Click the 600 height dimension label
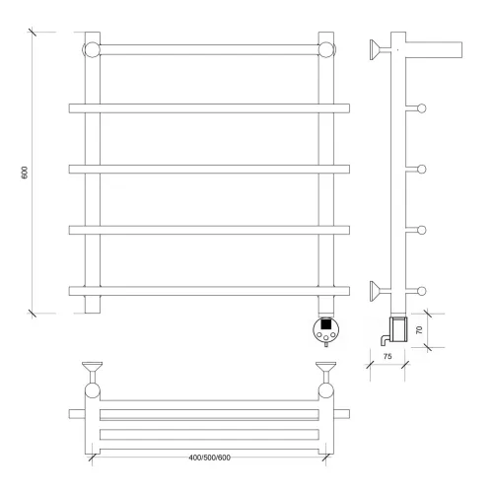click(x=25, y=173)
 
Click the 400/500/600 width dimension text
click(x=209, y=458)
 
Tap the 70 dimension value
click(x=419, y=330)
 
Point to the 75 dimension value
click(x=387, y=356)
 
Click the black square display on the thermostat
click(x=325, y=324)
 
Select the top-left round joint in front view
click(x=92, y=49)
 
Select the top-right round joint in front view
click(x=326, y=49)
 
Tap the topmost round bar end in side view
click(x=422, y=108)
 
